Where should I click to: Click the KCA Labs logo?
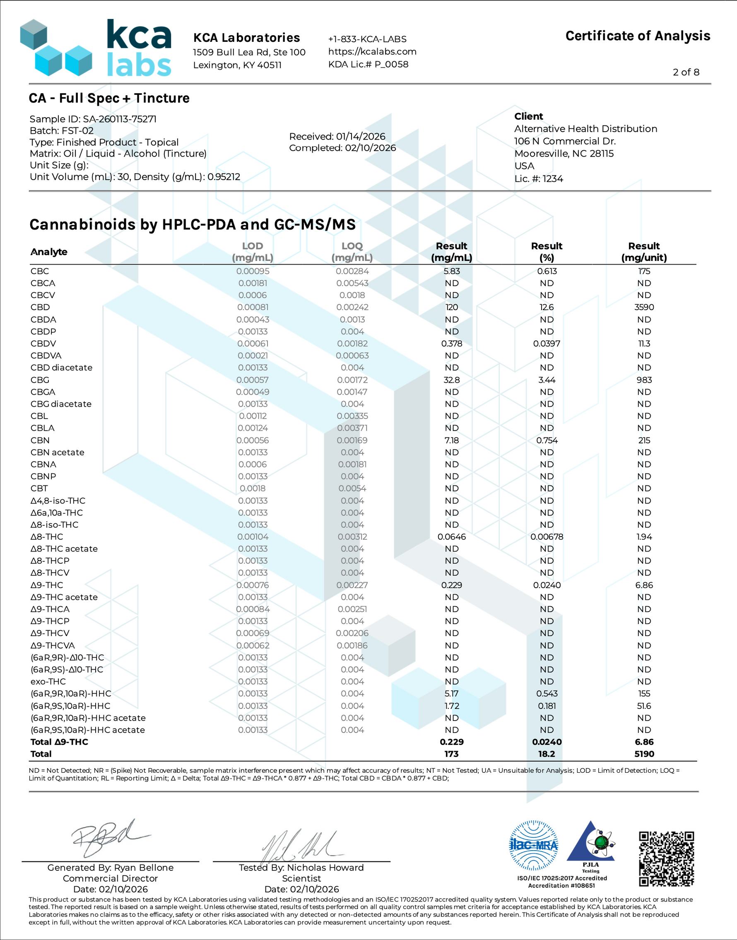[96, 48]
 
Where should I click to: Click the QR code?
[667, 858]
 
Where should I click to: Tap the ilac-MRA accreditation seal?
[534, 845]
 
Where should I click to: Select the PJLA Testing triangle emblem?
[590, 844]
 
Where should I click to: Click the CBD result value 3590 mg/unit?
[644, 307]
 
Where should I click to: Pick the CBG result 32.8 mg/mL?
[451, 380]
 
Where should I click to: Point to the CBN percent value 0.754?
[547, 440]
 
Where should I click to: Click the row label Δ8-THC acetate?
[64, 549]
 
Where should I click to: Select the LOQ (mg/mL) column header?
[352, 252]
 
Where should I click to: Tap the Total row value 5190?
[644, 754]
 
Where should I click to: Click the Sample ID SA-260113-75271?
[120, 119]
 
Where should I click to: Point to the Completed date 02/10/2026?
[370, 148]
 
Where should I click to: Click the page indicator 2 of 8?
[686, 72]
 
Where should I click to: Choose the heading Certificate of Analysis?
[638, 36]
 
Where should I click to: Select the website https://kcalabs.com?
[372, 51]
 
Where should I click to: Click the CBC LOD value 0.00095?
[253, 271]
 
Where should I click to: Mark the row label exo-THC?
[48, 682]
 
